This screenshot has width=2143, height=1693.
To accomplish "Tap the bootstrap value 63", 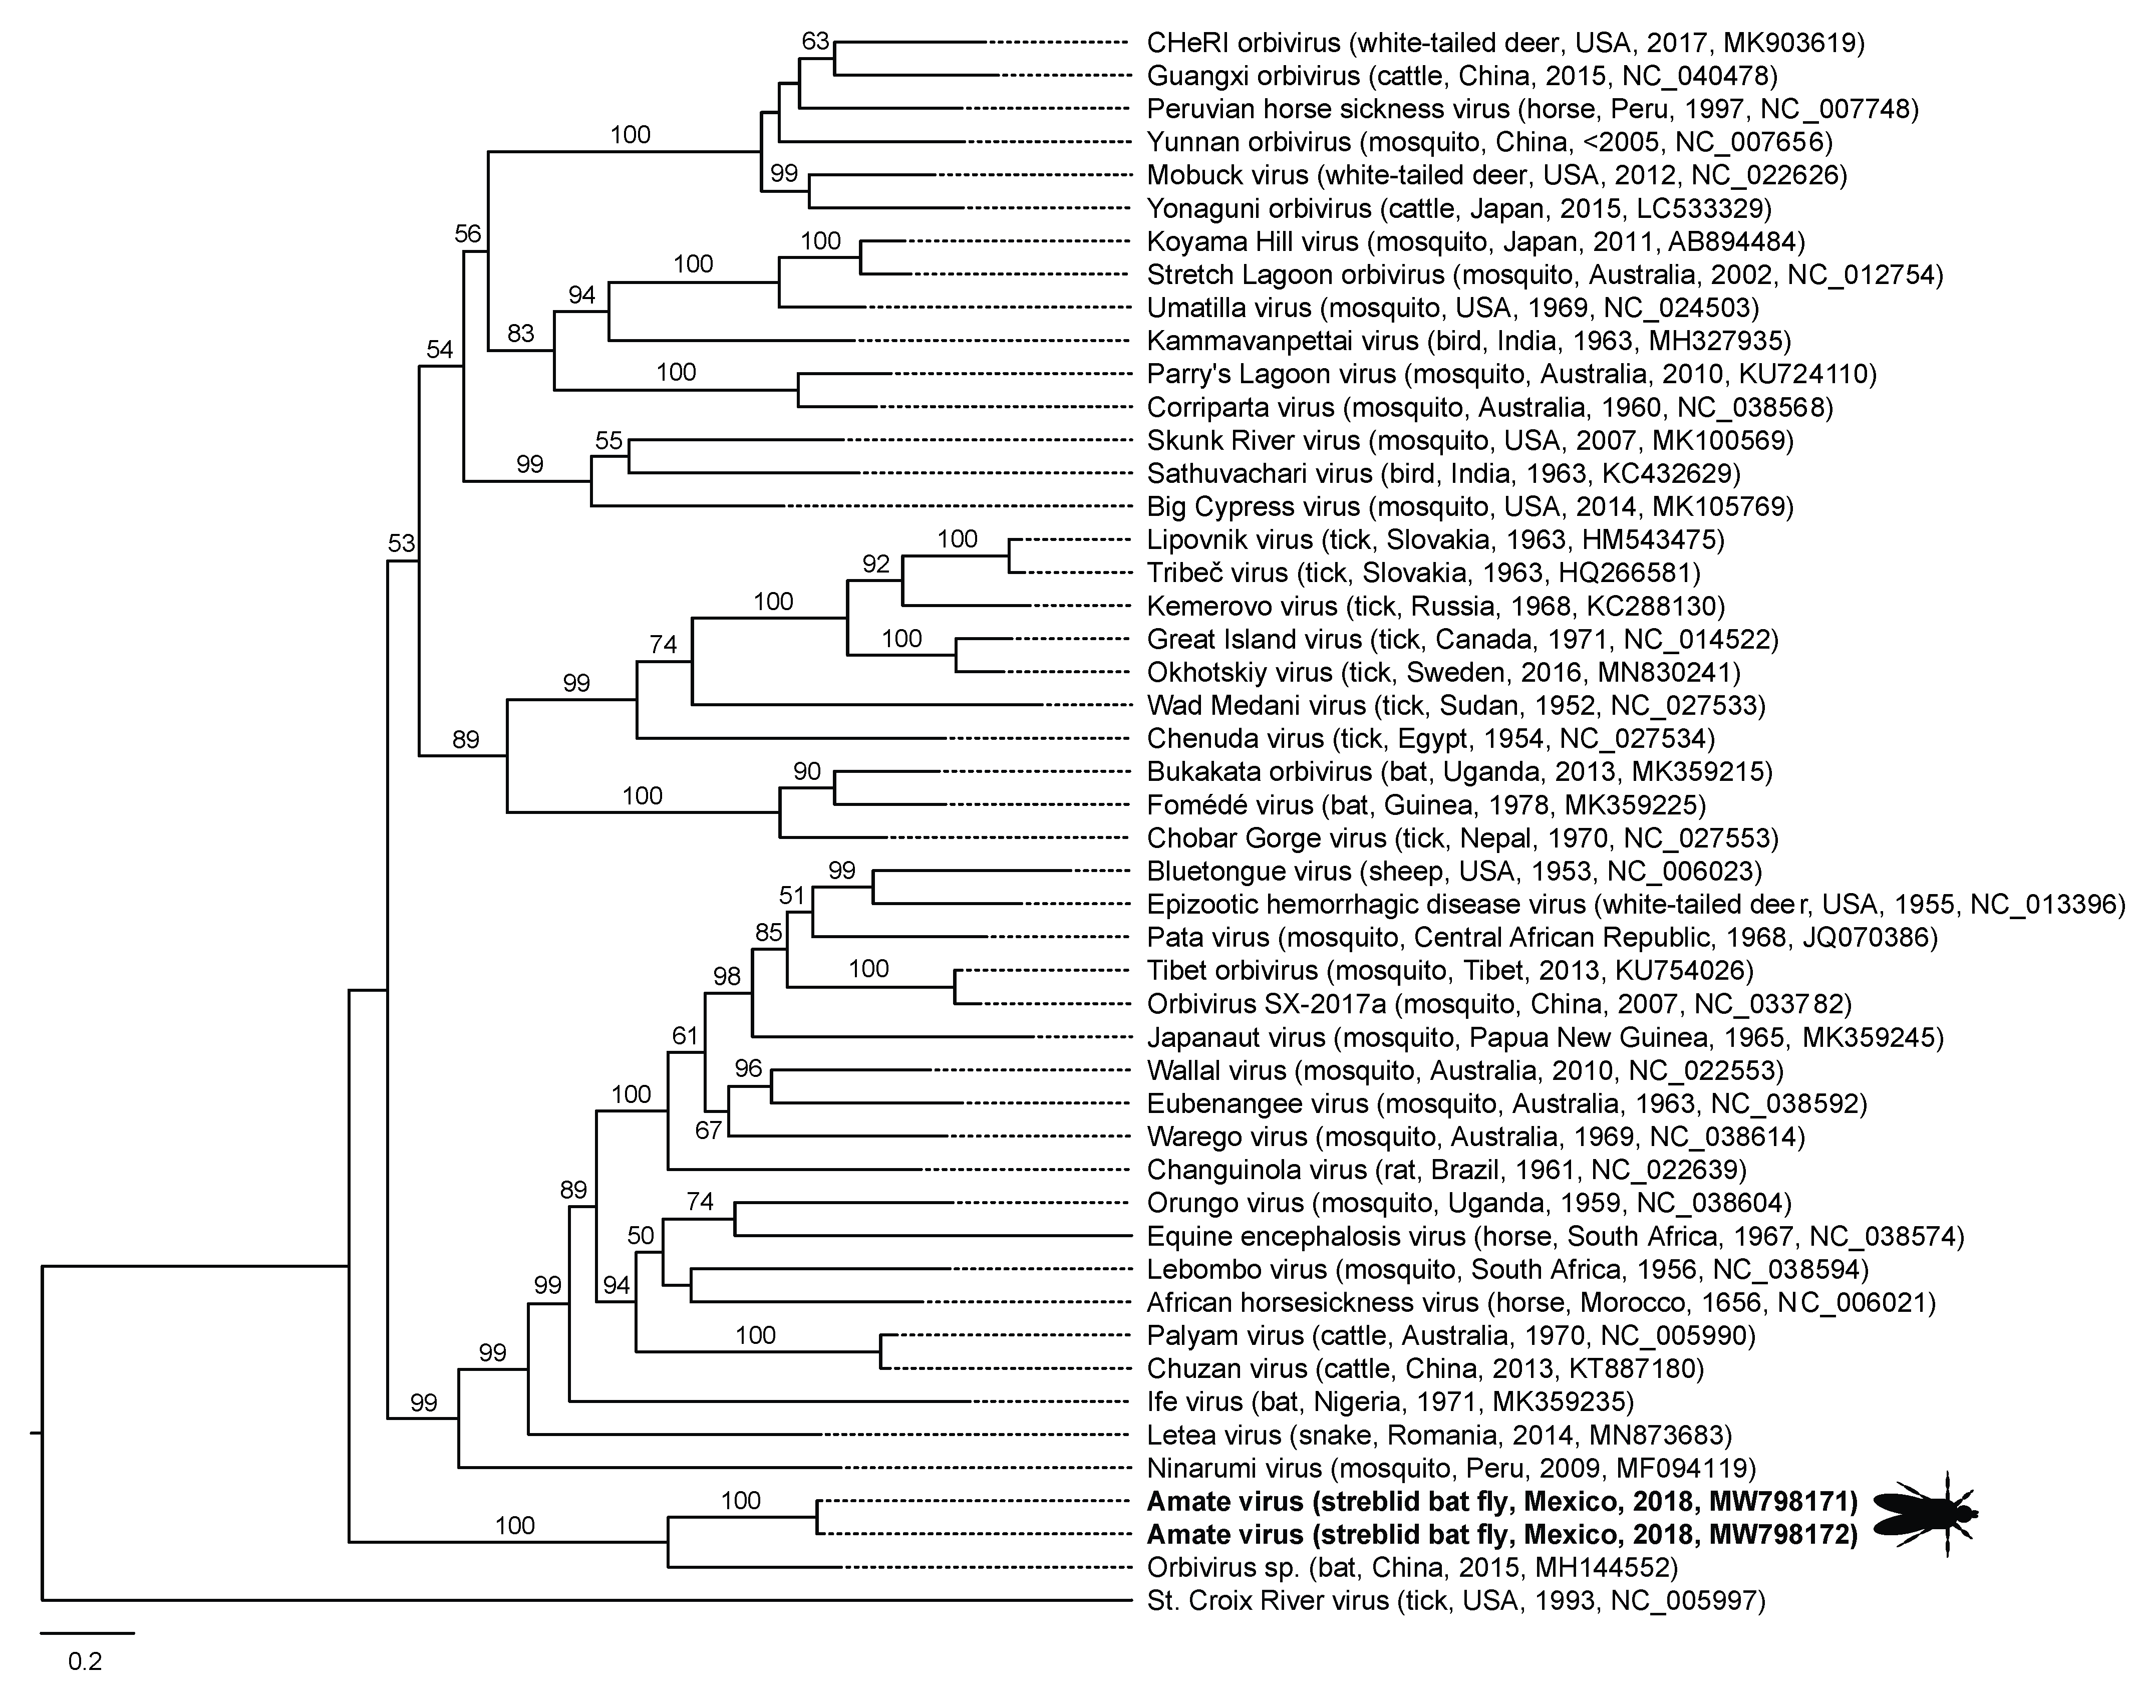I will coord(815,42).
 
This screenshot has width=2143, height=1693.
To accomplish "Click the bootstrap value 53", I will coord(401,543).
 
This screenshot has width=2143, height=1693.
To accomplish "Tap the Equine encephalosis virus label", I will coord(1554,1236).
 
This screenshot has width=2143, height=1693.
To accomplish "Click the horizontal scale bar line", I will coord(87,1632).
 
